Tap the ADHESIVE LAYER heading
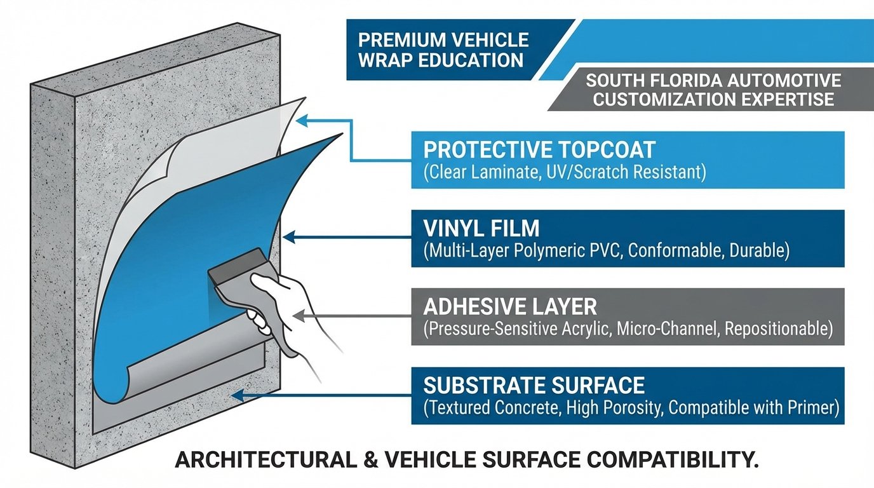pyautogui.click(x=510, y=307)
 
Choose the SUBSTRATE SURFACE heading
pyautogui.click(x=534, y=385)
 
